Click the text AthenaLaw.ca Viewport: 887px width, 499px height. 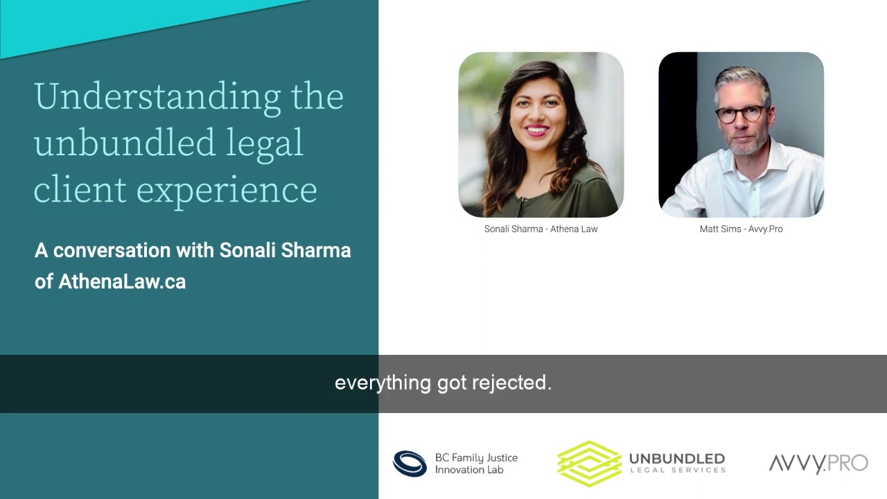pyautogui.click(x=122, y=282)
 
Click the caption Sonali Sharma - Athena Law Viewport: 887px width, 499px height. pyautogui.click(x=541, y=229)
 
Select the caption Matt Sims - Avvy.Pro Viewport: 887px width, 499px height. pyautogui.click(x=741, y=229)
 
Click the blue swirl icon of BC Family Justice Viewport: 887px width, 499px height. pyautogui.click(x=410, y=464)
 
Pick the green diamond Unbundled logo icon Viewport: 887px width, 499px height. pyautogui.click(x=589, y=463)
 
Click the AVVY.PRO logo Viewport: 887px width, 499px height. pyautogui.click(x=818, y=463)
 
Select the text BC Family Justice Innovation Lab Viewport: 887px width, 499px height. pyautogui.click(x=476, y=464)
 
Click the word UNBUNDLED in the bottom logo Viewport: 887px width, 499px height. pyautogui.click(x=676, y=459)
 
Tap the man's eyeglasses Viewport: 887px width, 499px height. pyautogui.click(x=740, y=114)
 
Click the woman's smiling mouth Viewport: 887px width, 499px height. pyautogui.click(x=537, y=129)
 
